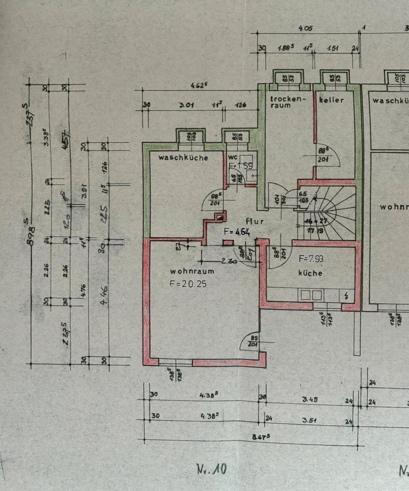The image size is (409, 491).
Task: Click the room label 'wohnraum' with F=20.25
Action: tap(192, 272)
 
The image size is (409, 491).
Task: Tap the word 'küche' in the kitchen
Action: tap(310, 273)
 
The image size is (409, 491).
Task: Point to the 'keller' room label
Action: tap(331, 100)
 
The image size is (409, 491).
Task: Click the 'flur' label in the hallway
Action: tap(254, 221)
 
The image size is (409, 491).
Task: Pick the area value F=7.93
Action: tap(311, 259)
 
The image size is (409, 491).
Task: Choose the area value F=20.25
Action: tap(188, 284)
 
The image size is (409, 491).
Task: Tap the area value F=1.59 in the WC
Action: tap(241, 166)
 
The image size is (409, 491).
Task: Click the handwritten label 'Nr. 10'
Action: tap(211, 468)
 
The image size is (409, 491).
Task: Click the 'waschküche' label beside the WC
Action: tap(183, 158)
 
